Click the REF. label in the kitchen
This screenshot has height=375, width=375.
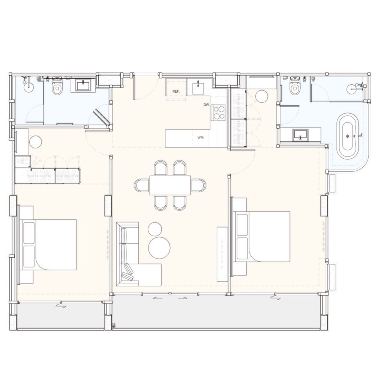point(176,91)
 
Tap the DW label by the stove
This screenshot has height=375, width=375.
point(206,105)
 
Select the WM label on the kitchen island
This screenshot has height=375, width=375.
point(200,138)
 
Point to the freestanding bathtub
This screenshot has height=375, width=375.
point(348,136)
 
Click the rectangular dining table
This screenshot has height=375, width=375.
point(170,185)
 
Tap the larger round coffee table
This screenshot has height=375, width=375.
point(159,248)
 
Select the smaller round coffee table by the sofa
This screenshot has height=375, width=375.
point(155,229)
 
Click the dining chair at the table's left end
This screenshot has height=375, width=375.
point(142,185)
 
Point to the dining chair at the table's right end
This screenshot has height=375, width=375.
point(198,185)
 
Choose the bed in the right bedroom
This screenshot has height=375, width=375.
point(263,237)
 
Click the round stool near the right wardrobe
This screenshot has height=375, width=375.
point(262,96)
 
